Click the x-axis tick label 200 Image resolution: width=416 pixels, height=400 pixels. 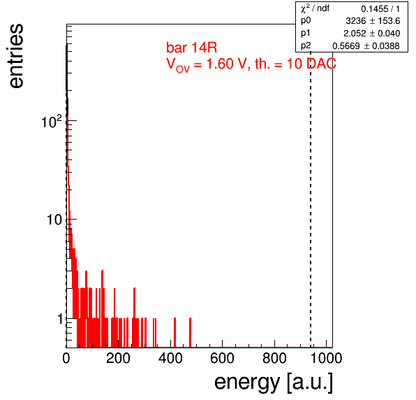(x=118, y=358)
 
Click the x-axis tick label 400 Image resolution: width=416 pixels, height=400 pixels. (x=170, y=358)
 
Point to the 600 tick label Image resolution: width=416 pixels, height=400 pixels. (x=223, y=358)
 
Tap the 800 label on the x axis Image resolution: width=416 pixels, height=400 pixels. (x=274, y=358)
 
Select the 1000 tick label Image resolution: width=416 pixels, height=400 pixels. (x=326, y=358)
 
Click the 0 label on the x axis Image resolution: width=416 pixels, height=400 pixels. (x=66, y=358)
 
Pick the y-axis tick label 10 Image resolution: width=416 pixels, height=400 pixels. (x=54, y=220)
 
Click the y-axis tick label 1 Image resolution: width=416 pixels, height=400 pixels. (x=60, y=319)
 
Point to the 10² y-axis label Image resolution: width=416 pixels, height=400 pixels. (x=52, y=122)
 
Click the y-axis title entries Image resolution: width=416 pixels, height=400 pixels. (x=17, y=56)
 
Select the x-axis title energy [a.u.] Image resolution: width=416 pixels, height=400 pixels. (x=274, y=383)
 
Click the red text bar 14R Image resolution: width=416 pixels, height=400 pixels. (x=191, y=48)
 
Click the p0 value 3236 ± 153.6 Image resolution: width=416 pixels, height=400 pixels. (x=373, y=21)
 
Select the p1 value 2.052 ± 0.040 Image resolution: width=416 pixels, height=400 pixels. (x=372, y=34)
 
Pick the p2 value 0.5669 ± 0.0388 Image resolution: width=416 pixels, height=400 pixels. (x=366, y=46)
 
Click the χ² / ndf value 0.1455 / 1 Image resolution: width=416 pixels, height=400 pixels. (x=380, y=9)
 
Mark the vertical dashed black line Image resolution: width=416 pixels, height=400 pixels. (x=311, y=199)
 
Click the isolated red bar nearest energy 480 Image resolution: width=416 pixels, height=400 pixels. (x=191, y=332)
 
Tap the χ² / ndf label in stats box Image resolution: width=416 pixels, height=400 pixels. (x=315, y=8)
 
